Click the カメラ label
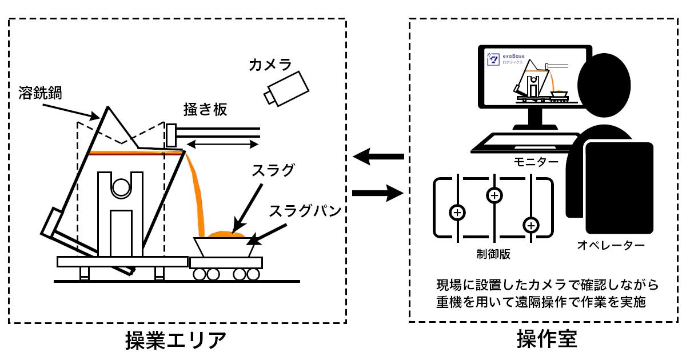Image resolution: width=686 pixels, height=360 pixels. (x=270, y=65)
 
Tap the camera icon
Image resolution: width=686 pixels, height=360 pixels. (x=286, y=89)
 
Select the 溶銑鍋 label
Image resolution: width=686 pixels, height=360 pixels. (x=40, y=93)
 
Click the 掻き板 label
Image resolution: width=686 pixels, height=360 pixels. (x=205, y=109)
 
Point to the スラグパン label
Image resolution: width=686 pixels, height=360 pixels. (x=305, y=211)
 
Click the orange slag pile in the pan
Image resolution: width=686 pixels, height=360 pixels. (x=226, y=234)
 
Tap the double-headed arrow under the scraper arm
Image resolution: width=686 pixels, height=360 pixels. (x=222, y=144)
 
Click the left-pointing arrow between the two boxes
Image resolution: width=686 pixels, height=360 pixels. (x=378, y=157)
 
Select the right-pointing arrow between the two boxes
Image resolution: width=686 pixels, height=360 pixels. (x=378, y=193)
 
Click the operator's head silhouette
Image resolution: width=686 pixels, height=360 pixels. (x=604, y=85)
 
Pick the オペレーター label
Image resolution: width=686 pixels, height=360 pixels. (x=611, y=245)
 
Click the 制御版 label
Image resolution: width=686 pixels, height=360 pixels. (x=493, y=254)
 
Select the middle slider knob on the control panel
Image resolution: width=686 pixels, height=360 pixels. (x=494, y=195)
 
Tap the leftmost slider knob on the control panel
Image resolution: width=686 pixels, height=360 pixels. (x=457, y=213)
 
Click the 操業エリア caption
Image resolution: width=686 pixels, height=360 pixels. (x=176, y=340)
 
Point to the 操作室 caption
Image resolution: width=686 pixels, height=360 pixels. (x=547, y=339)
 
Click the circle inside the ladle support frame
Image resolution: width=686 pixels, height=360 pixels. (x=121, y=187)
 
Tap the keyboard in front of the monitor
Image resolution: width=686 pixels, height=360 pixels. (x=524, y=143)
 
